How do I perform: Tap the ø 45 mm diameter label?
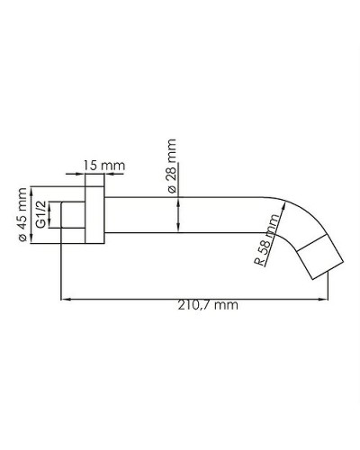pyautogui.click(x=22, y=213)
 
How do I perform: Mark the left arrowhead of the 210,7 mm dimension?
pyautogui.click(x=63, y=298)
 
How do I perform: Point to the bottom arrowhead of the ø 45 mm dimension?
pyautogui.click(x=32, y=240)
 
